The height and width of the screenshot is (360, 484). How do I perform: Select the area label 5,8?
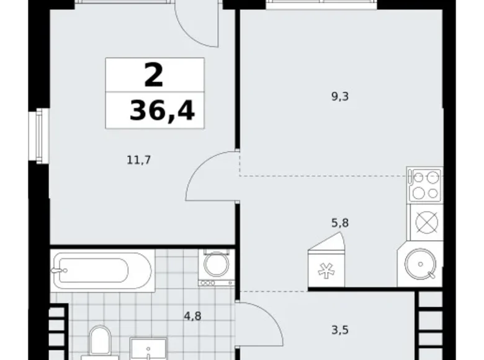(341, 222)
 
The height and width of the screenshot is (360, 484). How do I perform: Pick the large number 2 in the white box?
(154, 76)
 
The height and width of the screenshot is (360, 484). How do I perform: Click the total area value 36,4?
(161, 111)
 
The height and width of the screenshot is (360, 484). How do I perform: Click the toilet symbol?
(99, 343)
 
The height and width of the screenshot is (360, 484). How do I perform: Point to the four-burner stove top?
(425, 184)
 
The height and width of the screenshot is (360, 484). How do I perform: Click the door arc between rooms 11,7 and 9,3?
(211, 177)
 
